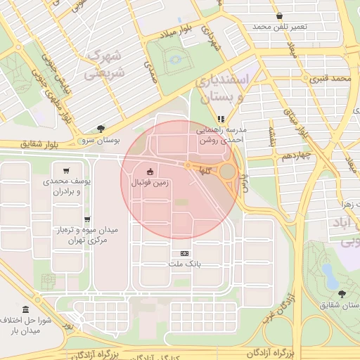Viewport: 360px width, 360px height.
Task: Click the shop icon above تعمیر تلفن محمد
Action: click(280, 15)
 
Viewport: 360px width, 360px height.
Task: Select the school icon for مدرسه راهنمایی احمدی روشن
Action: click(221, 119)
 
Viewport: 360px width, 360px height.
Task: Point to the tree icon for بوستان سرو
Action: click(101, 129)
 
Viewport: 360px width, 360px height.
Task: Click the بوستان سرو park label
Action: click(101, 139)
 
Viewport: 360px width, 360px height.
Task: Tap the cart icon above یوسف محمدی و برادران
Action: click(66, 170)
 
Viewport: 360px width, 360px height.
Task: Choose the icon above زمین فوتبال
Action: click(150, 171)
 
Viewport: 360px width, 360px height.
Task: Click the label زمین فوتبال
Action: click(150, 181)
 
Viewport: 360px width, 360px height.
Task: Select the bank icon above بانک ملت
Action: click(185, 253)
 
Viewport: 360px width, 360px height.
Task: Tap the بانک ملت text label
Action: click(185, 264)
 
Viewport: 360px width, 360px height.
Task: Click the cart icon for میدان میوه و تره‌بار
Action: click(87, 219)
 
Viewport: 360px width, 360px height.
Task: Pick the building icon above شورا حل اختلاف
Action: click(26, 310)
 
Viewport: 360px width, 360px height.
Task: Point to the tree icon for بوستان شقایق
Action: click(342, 294)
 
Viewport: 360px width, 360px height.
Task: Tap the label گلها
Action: click(205, 171)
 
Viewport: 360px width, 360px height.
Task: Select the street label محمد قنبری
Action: click(329, 77)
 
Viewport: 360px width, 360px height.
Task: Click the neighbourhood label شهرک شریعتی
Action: click(104, 63)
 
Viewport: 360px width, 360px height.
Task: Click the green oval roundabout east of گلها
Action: click(228, 172)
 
